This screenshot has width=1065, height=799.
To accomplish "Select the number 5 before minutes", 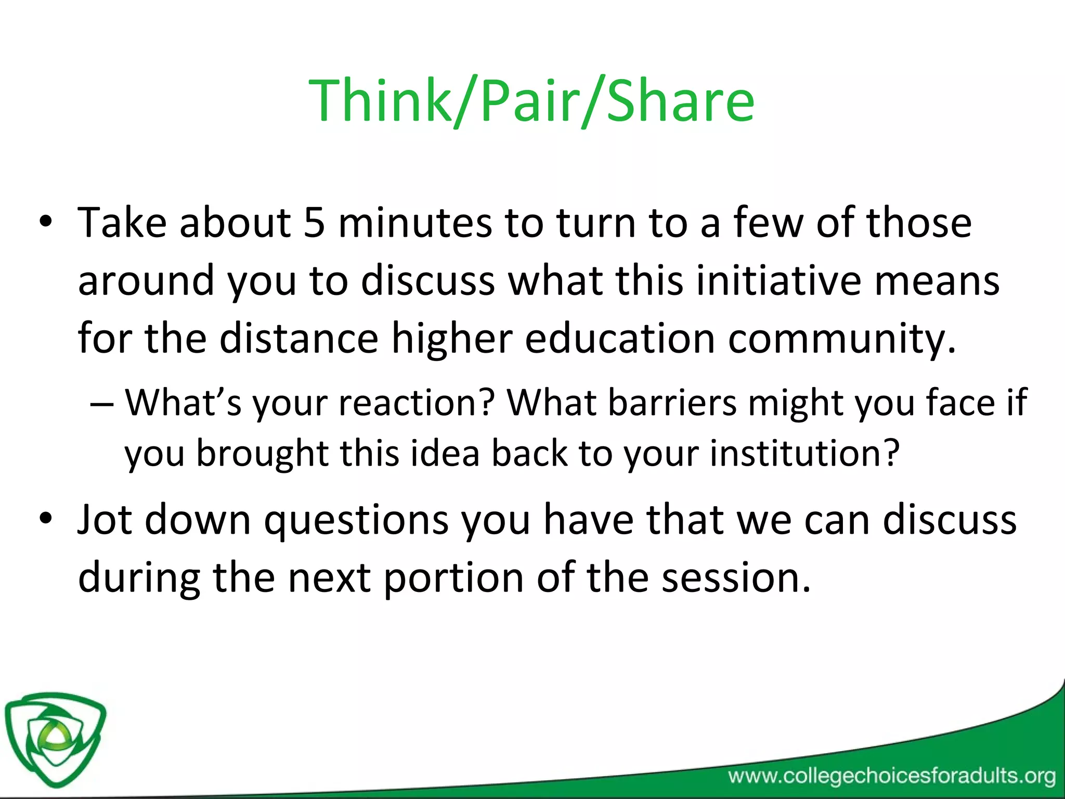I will pos(315,223).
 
